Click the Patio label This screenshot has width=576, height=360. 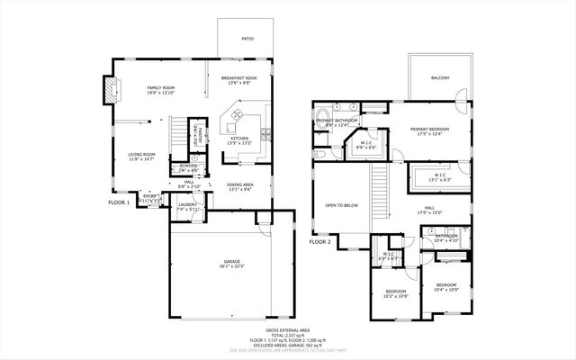(x=247, y=40)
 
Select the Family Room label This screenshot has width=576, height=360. (x=161, y=87)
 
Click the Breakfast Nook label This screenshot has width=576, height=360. (x=240, y=78)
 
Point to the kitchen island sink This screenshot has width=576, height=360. (x=238, y=114)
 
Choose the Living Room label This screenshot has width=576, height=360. (x=142, y=154)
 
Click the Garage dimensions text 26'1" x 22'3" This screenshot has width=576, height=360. (x=232, y=267)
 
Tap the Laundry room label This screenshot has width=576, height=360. (x=187, y=204)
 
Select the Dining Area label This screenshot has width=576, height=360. (x=239, y=184)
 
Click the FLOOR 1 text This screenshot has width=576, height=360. (x=120, y=202)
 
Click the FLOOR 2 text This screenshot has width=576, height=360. (x=320, y=242)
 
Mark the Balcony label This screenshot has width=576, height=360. (x=440, y=77)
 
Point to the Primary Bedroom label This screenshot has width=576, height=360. (x=429, y=130)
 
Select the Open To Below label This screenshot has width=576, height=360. (x=342, y=205)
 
